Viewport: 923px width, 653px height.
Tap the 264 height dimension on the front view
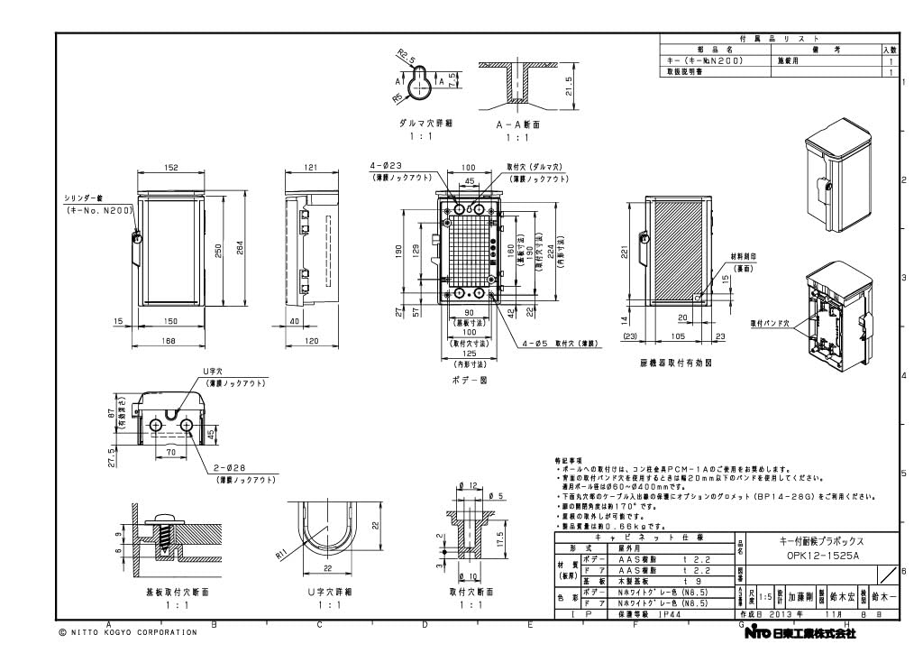click(x=240, y=252)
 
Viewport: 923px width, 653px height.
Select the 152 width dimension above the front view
click(x=171, y=167)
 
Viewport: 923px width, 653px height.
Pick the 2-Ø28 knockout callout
click(x=233, y=470)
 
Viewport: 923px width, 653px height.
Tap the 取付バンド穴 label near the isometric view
click(x=767, y=322)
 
